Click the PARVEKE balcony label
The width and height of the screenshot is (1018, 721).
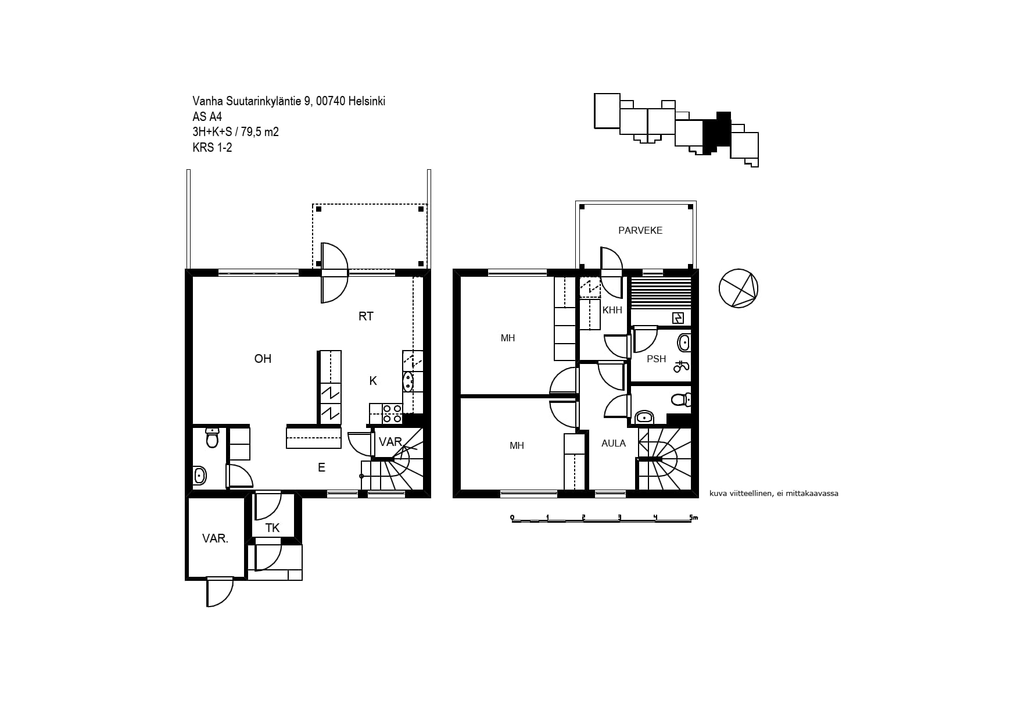tap(640, 230)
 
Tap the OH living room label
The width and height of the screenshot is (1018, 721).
tap(263, 359)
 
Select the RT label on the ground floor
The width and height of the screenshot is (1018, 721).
tap(366, 316)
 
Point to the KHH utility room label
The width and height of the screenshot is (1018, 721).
tap(612, 310)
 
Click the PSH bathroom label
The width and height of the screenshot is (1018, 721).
tap(657, 359)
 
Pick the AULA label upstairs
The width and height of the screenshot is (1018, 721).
tap(614, 443)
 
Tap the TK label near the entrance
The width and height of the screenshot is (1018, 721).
tap(273, 528)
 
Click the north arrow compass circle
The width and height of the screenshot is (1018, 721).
tap(739, 288)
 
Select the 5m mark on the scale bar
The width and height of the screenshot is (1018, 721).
tap(693, 517)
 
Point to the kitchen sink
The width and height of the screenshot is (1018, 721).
tap(408, 381)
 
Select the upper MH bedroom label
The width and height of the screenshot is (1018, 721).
tap(508, 338)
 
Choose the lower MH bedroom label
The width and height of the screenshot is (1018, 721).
tap(517, 445)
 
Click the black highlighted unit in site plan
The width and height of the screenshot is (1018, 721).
tap(716, 133)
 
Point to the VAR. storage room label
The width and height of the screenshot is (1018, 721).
tap(215, 538)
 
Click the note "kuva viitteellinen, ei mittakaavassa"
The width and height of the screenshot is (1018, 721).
tap(774, 494)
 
